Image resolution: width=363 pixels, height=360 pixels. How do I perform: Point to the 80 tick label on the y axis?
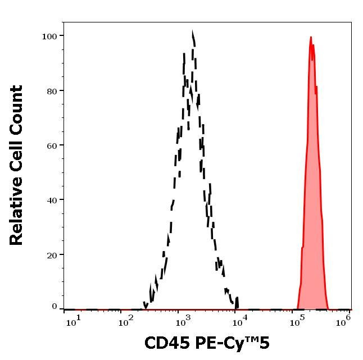(x=52, y=90)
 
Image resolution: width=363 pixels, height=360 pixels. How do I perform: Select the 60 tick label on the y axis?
(x=52, y=145)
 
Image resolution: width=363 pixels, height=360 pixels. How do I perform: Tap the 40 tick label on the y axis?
(x=52, y=199)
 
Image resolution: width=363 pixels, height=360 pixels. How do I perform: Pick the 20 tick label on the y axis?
(x=52, y=254)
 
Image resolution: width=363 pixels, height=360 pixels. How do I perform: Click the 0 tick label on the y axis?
(x=55, y=307)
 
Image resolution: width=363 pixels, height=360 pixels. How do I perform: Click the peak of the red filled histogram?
(x=311, y=38)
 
